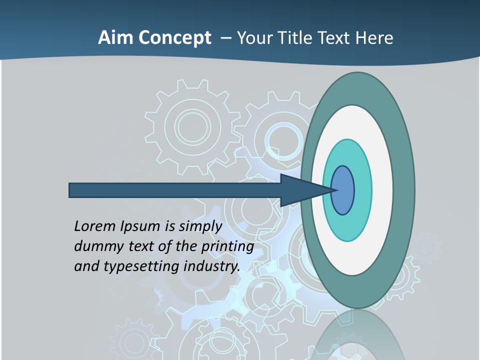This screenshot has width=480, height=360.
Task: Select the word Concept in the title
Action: point(174,38)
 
